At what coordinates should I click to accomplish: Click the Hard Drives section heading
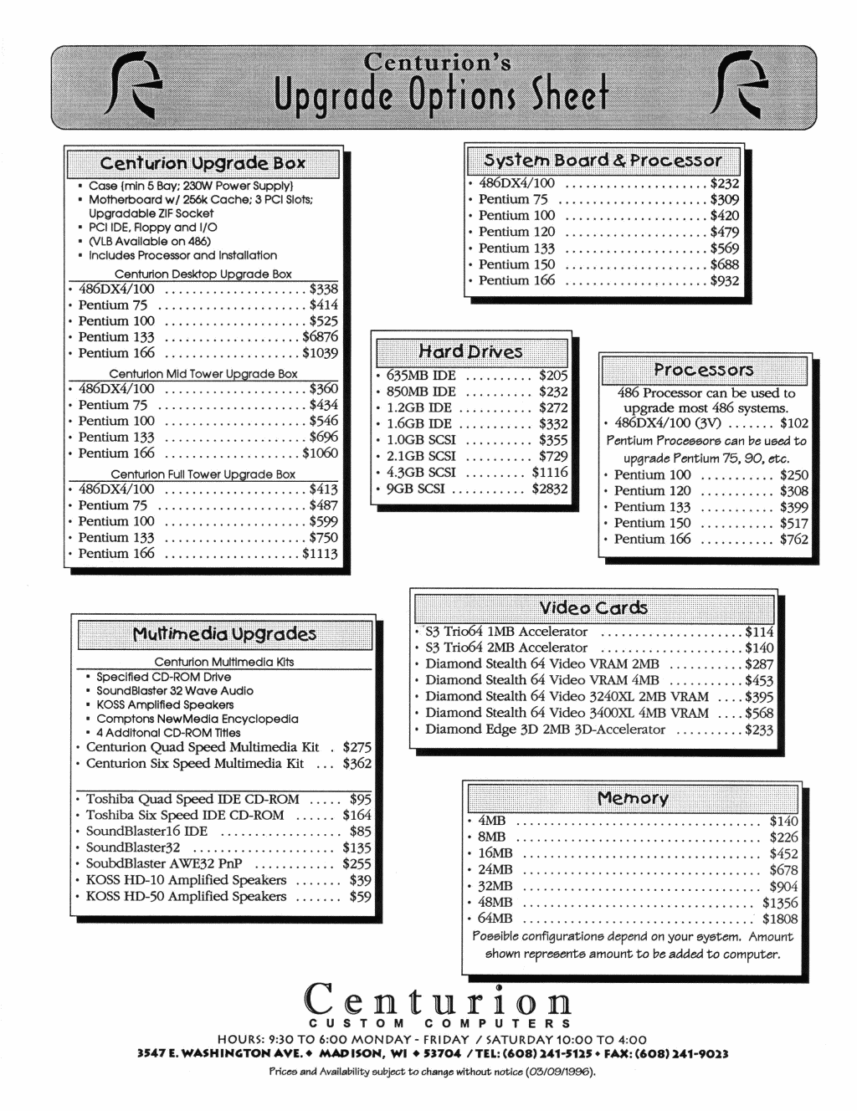coord(470,351)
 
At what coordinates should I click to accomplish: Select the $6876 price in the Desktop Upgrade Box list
coord(321,337)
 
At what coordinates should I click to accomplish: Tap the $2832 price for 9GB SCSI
coord(550,489)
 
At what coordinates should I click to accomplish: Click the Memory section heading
coord(633,798)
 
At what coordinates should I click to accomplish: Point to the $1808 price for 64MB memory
coord(780,919)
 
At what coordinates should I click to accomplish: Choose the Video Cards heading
coord(593,608)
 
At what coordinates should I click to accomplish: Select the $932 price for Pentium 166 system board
coord(725,281)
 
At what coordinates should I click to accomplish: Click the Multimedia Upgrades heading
coord(225,634)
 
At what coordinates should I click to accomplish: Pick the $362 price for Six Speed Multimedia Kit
coord(357,764)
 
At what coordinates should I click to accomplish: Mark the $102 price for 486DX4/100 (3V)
coord(794,424)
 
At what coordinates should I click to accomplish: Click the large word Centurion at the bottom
coord(438,999)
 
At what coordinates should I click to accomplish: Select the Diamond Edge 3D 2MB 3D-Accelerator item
coord(545,730)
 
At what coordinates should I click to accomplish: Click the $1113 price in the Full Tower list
coord(321,554)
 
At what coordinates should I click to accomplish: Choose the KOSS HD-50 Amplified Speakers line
coord(186,897)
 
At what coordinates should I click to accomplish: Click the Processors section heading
coord(704,370)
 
